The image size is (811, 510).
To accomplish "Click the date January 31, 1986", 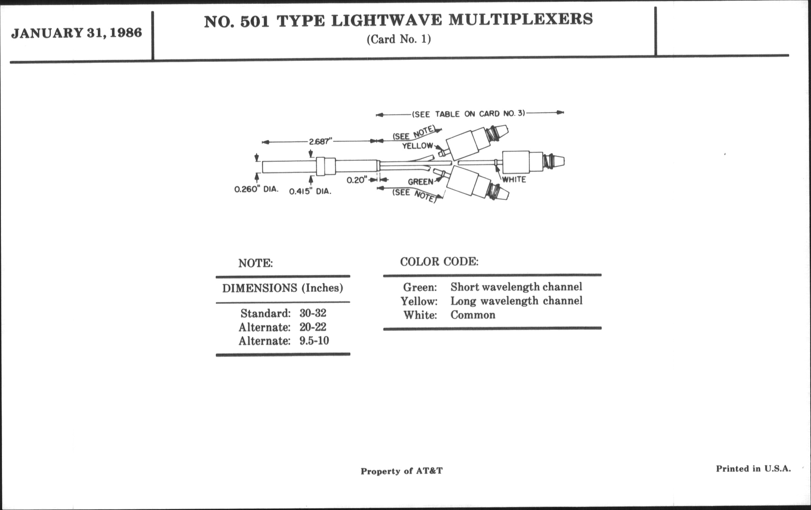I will [x=77, y=33].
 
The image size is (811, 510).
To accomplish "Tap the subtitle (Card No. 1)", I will [x=399, y=39].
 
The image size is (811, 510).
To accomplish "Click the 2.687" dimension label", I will [x=319, y=141].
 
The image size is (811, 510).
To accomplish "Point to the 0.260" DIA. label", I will [x=256, y=189].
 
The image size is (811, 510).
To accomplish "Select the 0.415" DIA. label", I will [x=310, y=191].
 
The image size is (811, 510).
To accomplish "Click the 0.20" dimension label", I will [x=356, y=180].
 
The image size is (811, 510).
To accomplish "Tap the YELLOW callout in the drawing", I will [x=417, y=146].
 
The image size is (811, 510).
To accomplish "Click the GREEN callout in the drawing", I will [x=421, y=182].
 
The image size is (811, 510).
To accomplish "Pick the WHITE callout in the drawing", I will [x=514, y=180].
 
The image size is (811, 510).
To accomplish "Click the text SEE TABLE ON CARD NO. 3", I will [x=469, y=114].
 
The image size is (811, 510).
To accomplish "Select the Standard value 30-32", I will [x=313, y=313].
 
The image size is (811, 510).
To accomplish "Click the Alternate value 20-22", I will [x=313, y=327].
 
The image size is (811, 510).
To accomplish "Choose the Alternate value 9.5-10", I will [x=314, y=341].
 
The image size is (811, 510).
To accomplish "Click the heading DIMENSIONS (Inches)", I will [x=283, y=288].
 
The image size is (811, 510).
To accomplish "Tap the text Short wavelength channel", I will [x=516, y=287].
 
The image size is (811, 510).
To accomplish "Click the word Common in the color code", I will [x=473, y=315].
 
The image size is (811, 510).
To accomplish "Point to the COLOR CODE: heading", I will [x=439, y=262].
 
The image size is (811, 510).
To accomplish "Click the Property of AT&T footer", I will [x=401, y=471].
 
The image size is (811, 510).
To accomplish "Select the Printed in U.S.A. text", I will [x=753, y=468].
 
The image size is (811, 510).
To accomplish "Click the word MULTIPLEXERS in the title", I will [x=520, y=20].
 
